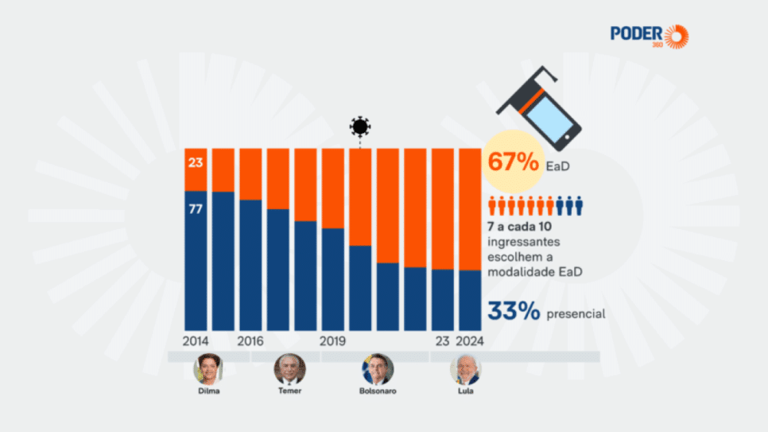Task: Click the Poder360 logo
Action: (648, 36)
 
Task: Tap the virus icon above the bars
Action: (360, 126)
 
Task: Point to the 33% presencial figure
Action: (514, 311)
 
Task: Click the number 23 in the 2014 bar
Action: (196, 163)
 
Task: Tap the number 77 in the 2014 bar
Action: (196, 210)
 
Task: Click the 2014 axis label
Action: (196, 341)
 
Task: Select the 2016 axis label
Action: (250, 341)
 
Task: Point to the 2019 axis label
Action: (333, 341)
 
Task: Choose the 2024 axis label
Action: (470, 341)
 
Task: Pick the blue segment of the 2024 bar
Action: (470, 300)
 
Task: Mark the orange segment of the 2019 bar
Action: (333, 188)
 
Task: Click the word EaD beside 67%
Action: (558, 167)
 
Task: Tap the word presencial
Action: (576, 313)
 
